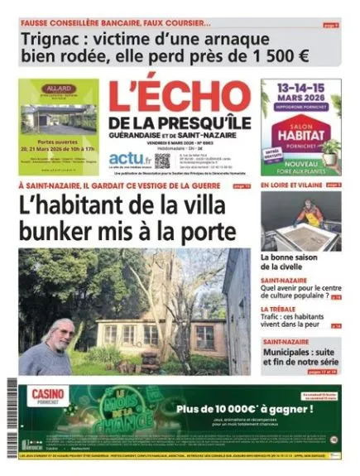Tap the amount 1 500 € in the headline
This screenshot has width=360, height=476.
(x=272, y=56)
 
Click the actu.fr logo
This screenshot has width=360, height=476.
(x=130, y=157)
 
